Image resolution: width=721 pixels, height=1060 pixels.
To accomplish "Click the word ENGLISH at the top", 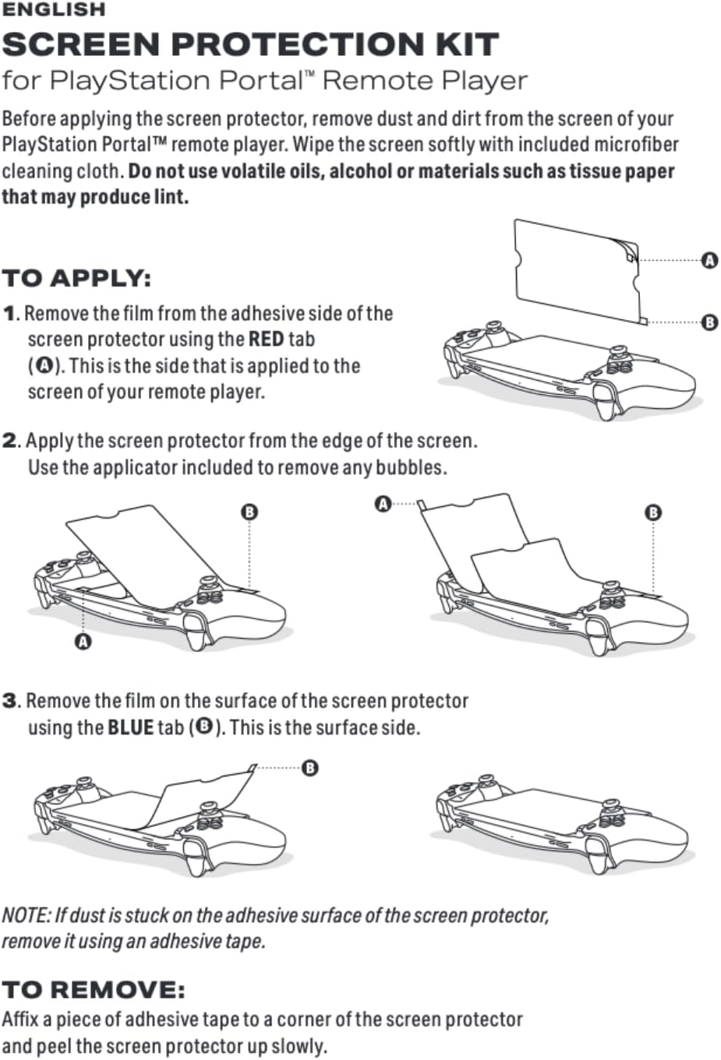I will tap(53, 10).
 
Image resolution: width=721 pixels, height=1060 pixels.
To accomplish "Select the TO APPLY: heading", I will tap(76, 279).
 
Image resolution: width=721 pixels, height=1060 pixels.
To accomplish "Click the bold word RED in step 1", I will tap(266, 340).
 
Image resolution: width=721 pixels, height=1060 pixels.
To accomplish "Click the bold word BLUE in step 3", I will tap(130, 727).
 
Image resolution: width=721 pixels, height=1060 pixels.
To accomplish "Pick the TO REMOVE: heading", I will tap(94, 990).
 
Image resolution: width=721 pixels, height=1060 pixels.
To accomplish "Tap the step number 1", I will tap(9, 314).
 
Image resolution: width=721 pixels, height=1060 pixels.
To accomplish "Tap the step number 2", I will tap(9, 441).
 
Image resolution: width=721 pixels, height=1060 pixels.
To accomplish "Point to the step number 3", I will tap(9, 701).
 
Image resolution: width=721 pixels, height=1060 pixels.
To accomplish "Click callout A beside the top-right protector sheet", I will tap(709, 261).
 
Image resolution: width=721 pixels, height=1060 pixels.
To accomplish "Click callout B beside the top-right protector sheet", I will tap(709, 322).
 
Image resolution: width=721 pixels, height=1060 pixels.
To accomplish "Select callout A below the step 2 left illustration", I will tap(83, 642).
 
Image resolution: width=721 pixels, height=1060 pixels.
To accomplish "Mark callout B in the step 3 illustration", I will tap(309, 769).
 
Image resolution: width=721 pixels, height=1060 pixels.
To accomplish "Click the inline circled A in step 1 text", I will tap(44, 366).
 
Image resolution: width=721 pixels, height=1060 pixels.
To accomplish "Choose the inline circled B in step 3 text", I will tap(203, 727).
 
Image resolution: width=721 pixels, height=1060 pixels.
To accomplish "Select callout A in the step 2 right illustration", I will tap(383, 504).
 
